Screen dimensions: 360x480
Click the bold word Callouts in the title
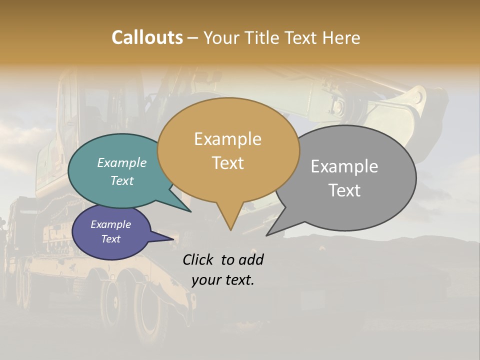tap(147, 37)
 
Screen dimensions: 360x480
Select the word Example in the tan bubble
tap(227, 139)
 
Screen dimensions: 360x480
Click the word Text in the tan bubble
tap(227, 163)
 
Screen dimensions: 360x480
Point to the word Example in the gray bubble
tap(344, 166)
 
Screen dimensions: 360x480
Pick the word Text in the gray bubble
tap(344, 190)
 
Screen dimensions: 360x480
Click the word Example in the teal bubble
tap(121, 162)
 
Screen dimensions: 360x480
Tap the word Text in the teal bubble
tap(121, 180)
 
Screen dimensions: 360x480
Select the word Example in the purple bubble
tap(110, 224)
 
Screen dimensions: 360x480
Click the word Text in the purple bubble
tap(110, 239)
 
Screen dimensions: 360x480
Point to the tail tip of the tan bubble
tap(230, 229)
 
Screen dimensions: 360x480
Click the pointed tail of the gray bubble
tap(268, 234)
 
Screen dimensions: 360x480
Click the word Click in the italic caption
tap(199, 259)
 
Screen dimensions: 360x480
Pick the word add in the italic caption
tap(251, 259)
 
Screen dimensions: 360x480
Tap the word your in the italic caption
tap(205, 280)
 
